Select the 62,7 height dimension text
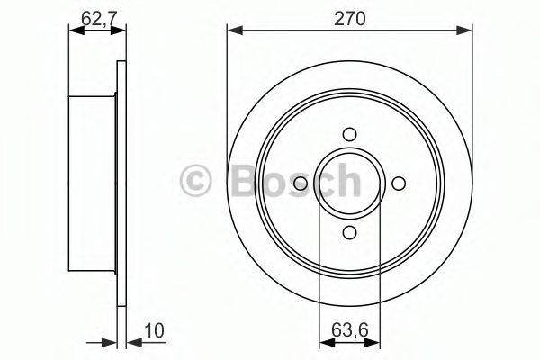coord(91,14)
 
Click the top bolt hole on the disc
coord(349,134)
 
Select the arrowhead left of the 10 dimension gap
coord(112,342)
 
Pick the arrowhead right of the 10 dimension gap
coord(125,342)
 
